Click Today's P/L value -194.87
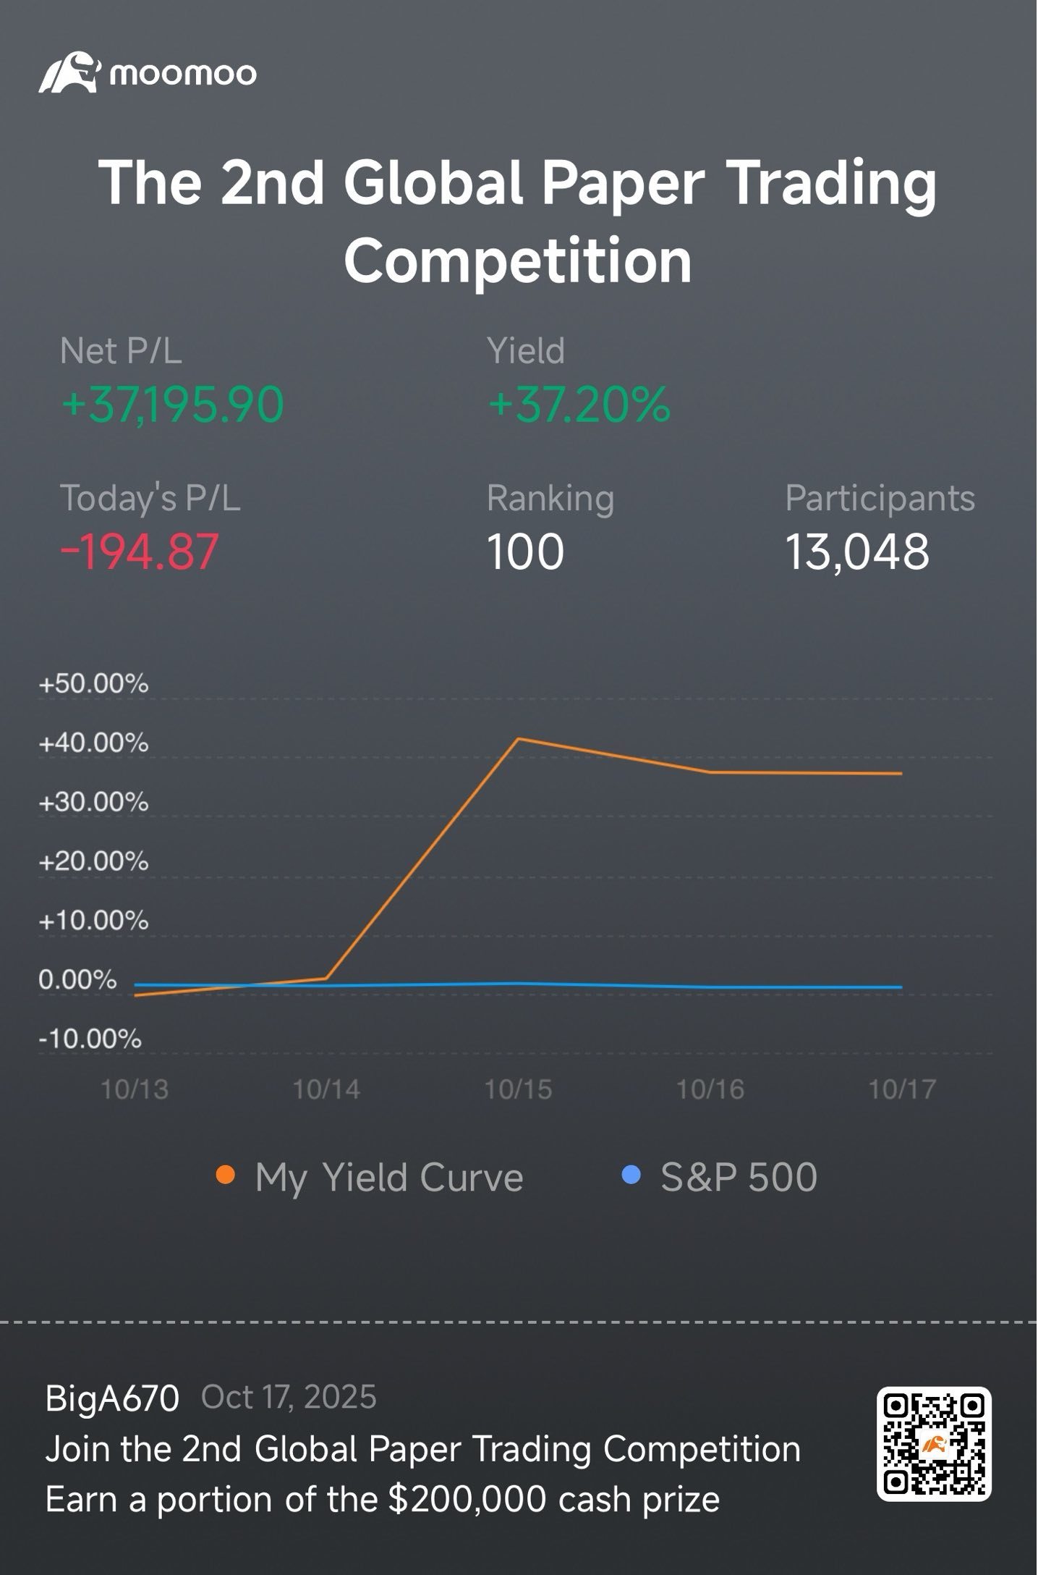coord(139,552)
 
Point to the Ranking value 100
coord(525,552)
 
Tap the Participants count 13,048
coord(857,552)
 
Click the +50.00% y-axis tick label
coord(93,684)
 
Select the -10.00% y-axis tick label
coord(90,1039)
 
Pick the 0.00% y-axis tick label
coord(77,980)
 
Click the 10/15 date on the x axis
coord(518,1089)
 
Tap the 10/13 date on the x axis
coord(135,1089)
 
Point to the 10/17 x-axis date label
coord(902,1089)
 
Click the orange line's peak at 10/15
coord(518,738)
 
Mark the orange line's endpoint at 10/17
coord(901,773)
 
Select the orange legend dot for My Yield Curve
coord(226,1175)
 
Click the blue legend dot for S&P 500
coord(631,1175)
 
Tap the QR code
coord(934,1444)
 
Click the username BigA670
coord(112,1398)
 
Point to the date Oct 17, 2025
coord(289,1398)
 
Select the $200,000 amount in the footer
coord(467,1499)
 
